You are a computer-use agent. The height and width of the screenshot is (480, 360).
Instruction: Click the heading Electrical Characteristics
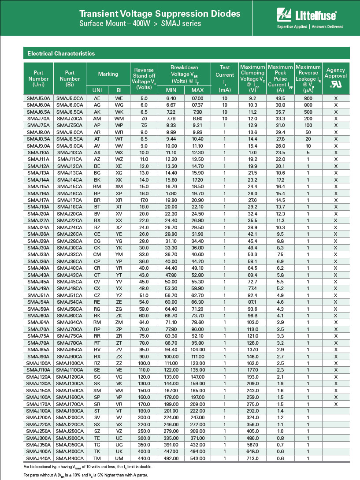[x=61, y=53]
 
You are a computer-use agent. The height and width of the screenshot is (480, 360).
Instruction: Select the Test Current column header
[x=225, y=78]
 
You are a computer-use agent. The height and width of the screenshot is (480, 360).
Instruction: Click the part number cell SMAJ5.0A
[x=39, y=98]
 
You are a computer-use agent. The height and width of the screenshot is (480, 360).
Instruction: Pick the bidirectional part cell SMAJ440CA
[x=70, y=458]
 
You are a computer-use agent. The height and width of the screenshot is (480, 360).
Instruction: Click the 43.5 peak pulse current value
[x=280, y=98]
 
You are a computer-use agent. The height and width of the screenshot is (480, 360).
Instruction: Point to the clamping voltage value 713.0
[x=252, y=458]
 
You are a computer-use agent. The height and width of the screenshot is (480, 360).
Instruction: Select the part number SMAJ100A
[x=39, y=363]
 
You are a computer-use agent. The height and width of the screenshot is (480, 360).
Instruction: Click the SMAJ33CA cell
[x=70, y=254]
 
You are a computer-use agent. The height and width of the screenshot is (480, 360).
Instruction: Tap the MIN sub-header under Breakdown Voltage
[x=171, y=90]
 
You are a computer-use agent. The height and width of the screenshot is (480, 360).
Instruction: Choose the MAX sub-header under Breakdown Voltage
[x=197, y=90]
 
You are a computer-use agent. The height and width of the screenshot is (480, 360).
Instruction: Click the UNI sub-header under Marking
[x=97, y=90]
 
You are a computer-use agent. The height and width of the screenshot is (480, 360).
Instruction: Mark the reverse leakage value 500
[x=308, y=112]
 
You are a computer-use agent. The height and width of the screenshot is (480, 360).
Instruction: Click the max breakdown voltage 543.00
[x=197, y=458]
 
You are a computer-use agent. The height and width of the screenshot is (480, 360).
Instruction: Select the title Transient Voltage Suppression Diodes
[x=160, y=14]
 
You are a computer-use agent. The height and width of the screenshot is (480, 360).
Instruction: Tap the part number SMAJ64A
[x=39, y=322]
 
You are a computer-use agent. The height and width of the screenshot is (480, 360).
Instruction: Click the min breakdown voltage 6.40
[x=171, y=98]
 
